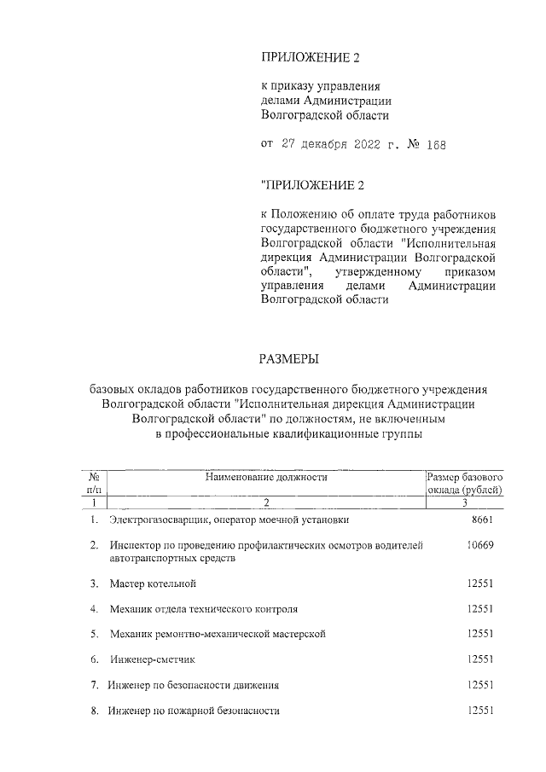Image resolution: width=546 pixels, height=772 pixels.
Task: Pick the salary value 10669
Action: click(481, 545)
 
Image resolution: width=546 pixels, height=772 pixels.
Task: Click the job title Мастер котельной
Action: click(153, 583)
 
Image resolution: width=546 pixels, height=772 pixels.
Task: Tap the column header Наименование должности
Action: click(266, 478)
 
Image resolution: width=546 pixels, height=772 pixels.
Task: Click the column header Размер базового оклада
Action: click(465, 484)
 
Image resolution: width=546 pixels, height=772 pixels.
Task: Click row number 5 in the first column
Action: click(94, 635)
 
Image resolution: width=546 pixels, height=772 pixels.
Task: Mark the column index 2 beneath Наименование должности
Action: click(266, 502)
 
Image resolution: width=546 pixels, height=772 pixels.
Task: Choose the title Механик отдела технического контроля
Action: click(203, 609)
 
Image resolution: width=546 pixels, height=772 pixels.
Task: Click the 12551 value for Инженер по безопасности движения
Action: click(481, 685)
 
